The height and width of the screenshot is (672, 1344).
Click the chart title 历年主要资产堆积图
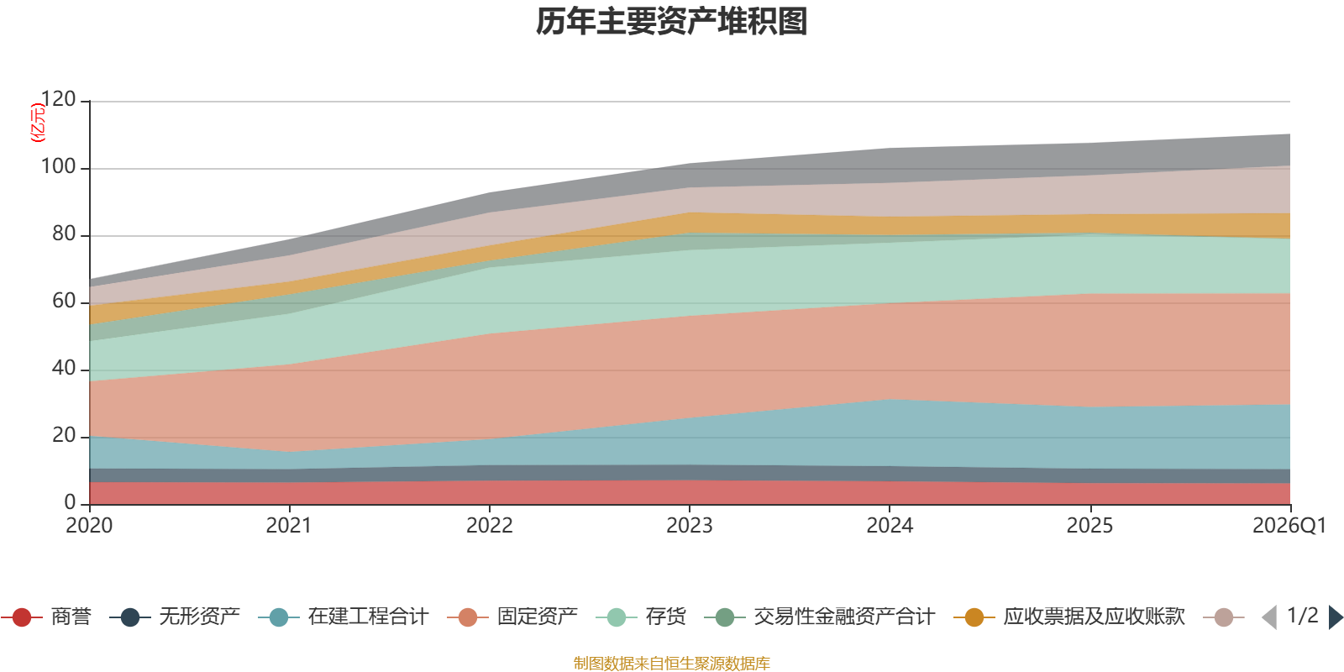pos(672,22)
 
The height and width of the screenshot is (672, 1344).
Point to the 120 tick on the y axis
pos(59,100)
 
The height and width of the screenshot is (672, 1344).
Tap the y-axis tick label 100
pos(59,167)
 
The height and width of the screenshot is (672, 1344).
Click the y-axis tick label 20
pos(64,436)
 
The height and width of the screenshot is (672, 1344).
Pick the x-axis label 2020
pos(89,526)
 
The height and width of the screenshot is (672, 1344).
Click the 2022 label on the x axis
pos(489,526)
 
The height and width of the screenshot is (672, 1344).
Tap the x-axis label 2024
pos(890,526)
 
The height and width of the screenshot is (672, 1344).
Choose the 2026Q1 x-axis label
pos(1289,526)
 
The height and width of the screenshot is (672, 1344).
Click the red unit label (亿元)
pos(38,123)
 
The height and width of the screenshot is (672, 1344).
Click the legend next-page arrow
pos(1336,617)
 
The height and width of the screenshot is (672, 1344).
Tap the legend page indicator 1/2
pos(1302,616)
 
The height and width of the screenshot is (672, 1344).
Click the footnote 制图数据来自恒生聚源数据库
pos(672,664)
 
